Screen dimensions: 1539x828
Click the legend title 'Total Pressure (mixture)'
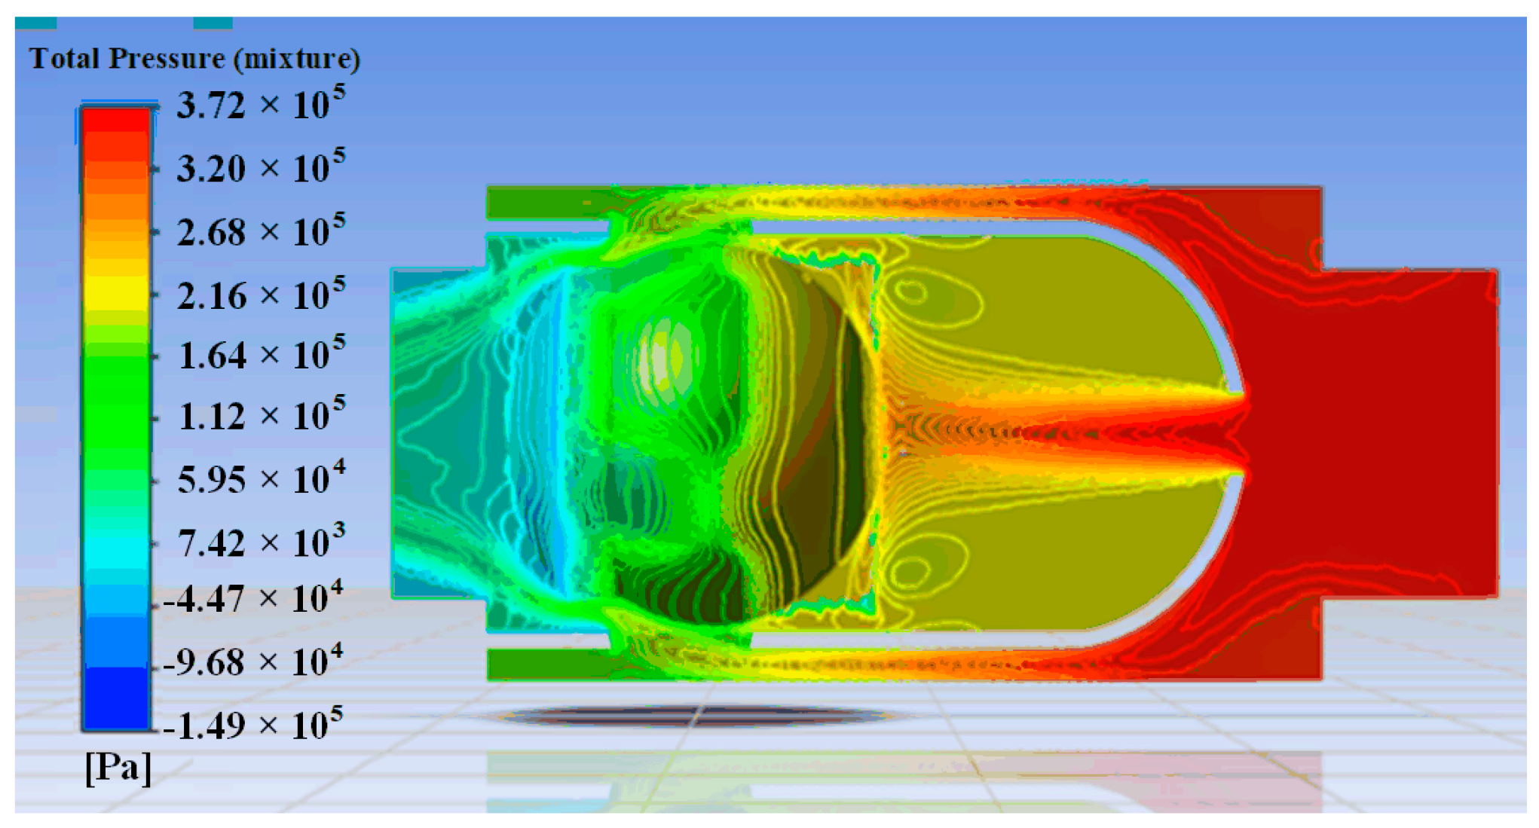194,59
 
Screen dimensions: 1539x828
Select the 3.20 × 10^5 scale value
261,167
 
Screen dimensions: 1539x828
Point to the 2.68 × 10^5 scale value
261,231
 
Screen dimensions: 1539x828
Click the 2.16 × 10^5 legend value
261,294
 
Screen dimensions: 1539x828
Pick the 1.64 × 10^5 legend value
261,353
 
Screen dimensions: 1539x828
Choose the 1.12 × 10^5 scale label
261,414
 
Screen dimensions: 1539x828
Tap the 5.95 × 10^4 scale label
261,478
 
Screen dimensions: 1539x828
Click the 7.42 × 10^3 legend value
261,541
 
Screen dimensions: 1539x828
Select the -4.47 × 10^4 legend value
253,598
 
